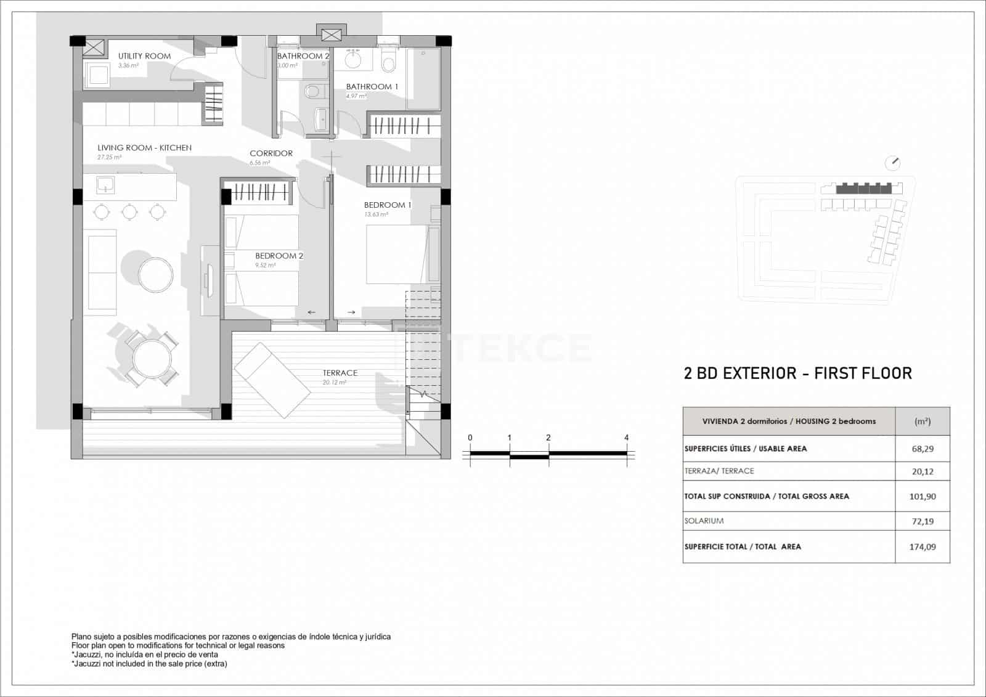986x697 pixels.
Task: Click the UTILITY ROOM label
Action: coord(144,56)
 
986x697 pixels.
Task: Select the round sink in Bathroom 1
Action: coord(353,60)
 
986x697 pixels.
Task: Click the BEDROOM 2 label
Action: coord(279,256)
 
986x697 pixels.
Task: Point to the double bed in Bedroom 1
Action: coord(397,254)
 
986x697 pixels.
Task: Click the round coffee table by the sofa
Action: coord(155,274)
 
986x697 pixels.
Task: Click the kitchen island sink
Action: coord(104,184)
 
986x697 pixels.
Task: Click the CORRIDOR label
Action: coord(271,153)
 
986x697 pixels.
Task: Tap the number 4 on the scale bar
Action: coord(627,438)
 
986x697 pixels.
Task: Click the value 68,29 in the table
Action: coord(923,449)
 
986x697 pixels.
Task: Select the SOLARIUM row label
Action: coord(704,521)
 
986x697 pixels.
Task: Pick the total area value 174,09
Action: coord(923,547)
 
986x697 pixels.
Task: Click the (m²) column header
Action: coord(923,422)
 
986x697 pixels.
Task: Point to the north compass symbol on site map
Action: coord(892,163)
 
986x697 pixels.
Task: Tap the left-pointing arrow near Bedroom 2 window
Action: coord(311,312)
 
